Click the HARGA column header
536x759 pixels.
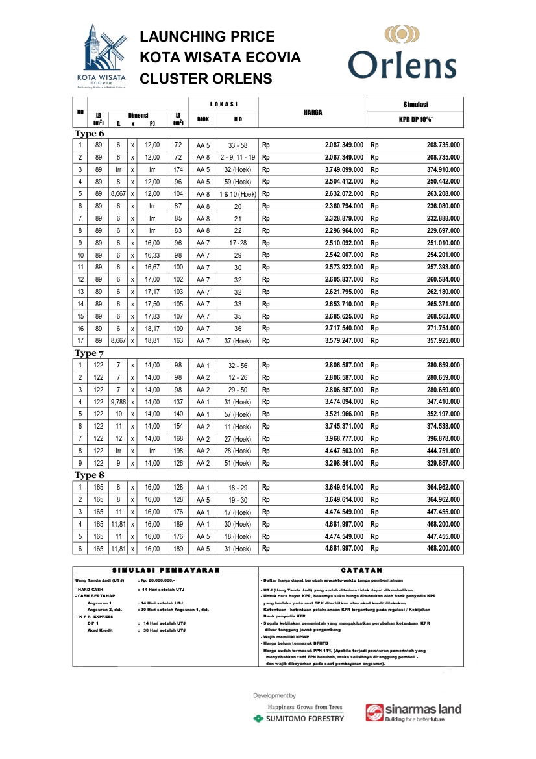[313, 112]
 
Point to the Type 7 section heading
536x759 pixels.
[89, 353]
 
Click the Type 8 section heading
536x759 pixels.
[89, 475]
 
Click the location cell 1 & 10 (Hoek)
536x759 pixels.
[238, 193]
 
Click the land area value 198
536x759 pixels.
[178, 451]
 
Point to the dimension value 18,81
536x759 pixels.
[152, 340]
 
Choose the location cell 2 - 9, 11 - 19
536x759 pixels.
[238, 157]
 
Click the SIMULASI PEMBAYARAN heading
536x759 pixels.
[165, 570]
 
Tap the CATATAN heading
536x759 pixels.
[361, 570]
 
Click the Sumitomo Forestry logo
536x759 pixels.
[300, 718]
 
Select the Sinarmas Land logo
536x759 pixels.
[413, 713]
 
